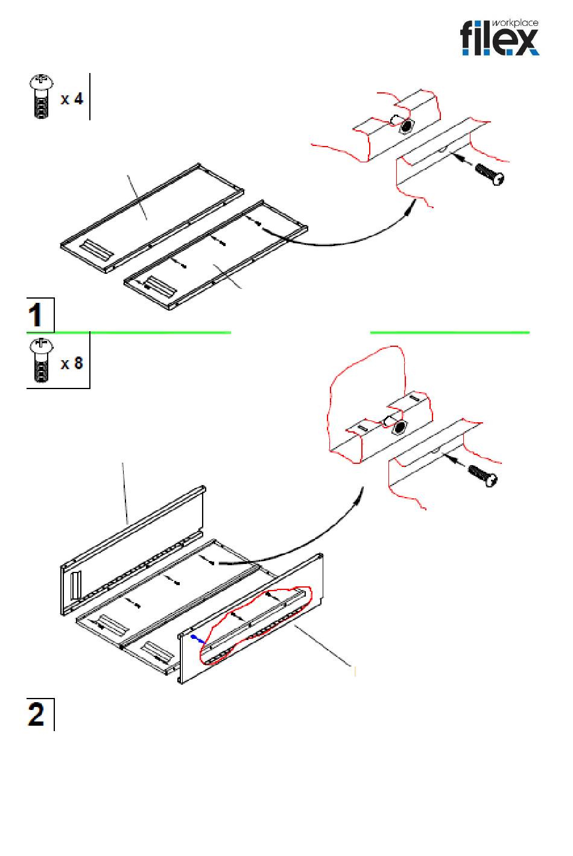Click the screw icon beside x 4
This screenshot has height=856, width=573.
click(41, 97)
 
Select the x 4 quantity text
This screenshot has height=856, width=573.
click(72, 98)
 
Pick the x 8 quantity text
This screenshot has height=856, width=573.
click(72, 363)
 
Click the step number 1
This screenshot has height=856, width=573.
click(37, 315)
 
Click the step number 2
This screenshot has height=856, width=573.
click(37, 715)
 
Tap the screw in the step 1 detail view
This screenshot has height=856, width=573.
click(489, 174)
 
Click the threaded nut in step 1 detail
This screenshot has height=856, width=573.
click(407, 126)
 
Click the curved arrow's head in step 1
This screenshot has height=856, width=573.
click(411, 208)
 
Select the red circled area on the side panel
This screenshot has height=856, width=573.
click(256, 624)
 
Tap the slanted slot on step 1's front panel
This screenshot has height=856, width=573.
click(155, 284)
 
